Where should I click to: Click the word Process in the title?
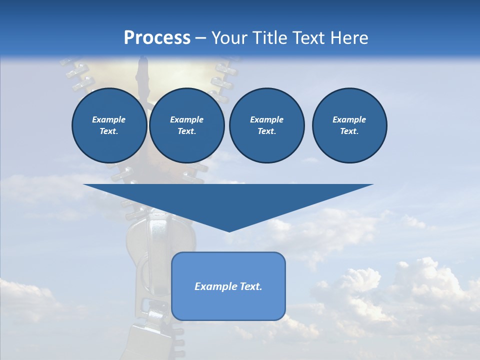(x=157, y=38)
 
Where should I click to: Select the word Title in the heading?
(x=270, y=38)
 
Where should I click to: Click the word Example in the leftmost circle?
(x=109, y=119)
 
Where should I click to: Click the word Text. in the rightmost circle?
(x=349, y=131)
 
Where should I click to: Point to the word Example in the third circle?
(x=266, y=119)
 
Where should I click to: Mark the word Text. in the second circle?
(x=186, y=131)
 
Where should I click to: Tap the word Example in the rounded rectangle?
(x=216, y=286)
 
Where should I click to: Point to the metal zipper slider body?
(x=150, y=250)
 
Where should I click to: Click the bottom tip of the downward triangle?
(x=229, y=230)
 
